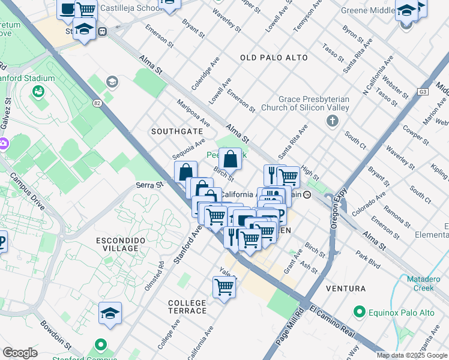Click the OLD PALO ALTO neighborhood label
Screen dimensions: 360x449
point(274,58)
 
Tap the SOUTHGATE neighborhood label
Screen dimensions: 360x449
point(176,131)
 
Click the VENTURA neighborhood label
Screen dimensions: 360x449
point(345,289)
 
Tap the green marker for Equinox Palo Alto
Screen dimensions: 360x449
point(360,313)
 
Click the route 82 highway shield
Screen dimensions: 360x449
point(97,103)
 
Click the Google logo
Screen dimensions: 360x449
point(20,352)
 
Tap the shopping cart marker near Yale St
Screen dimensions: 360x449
point(224,287)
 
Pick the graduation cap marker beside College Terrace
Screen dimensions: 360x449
point(110,313)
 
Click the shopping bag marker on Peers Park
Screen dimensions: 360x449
point(230,160)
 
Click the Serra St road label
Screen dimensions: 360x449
point(149,185)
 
